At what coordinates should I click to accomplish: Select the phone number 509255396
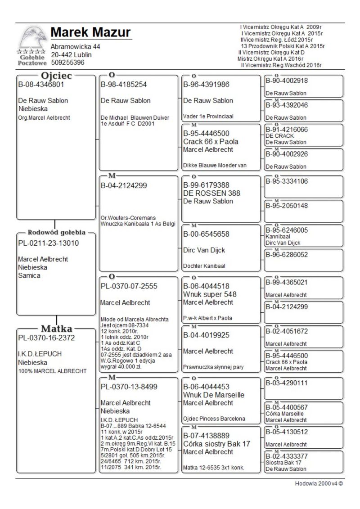67,63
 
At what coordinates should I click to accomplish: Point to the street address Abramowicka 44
75,47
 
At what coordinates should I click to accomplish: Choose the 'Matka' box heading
57,329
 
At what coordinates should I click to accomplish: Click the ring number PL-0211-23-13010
48,243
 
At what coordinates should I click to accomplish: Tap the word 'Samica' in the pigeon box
29,275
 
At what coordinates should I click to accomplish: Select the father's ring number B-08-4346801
41,84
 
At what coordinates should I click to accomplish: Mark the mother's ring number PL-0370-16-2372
46,338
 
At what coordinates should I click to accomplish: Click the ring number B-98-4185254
124,84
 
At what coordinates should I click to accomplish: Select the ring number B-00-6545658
206,234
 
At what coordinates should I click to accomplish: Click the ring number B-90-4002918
287,81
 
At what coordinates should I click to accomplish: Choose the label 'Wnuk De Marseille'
214,395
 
